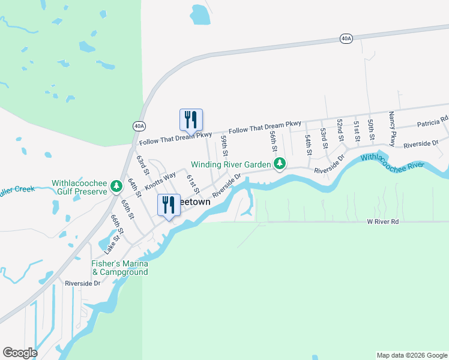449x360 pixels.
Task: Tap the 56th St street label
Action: point(273,142)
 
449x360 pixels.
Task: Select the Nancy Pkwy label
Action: point(392,129)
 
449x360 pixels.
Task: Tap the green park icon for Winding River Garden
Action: point(279,163)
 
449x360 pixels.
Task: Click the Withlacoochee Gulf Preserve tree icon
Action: point(116,188)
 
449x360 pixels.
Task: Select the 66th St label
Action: point(116,224)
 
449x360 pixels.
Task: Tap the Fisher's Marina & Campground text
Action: point(119,268)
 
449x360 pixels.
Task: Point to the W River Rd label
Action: point(383,221)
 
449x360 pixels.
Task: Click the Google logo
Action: point(20,353)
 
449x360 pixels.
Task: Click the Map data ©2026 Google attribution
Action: point(411,355)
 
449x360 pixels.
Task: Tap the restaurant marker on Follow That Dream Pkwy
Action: point(191,120)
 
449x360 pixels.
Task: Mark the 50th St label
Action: point(372,130)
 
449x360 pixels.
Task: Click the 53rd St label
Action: point(323,138)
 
